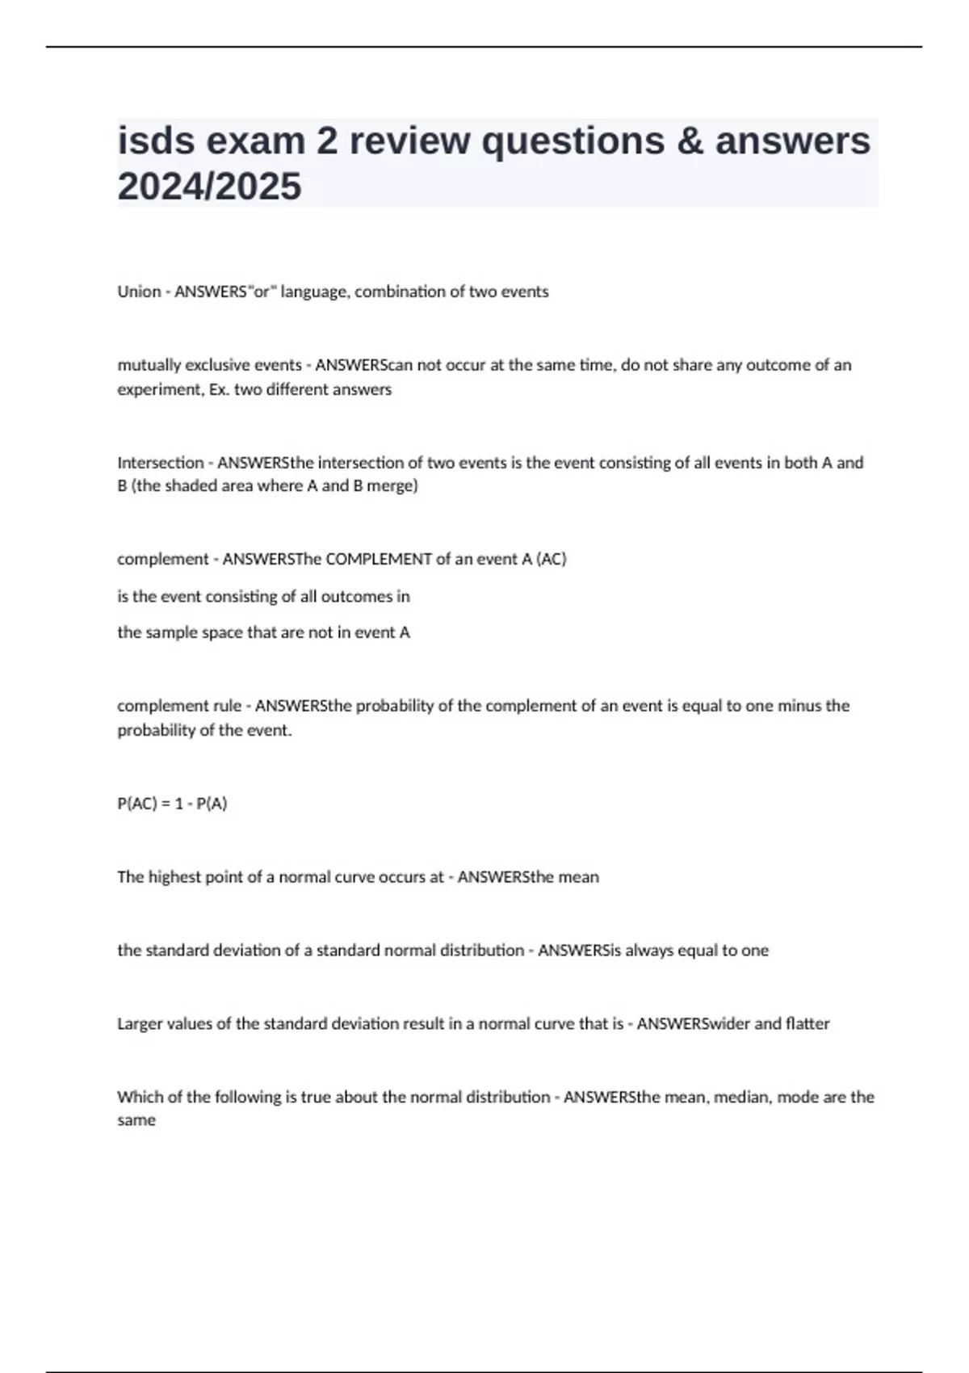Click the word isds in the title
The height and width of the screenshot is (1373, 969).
coord(156,141)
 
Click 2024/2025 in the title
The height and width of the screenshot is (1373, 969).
coord(209,187)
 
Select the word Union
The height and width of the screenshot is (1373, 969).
coord(139,292)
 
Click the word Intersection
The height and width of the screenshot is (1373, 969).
coord(160,463)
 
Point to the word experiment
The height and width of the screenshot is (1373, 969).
coord(158,389)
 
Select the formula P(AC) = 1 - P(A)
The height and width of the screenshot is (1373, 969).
coord(172,804)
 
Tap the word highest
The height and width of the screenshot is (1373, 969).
coord(174,877)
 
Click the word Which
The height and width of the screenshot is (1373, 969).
coord(139,1097)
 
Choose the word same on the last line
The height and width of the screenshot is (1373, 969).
coord(136,1120)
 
